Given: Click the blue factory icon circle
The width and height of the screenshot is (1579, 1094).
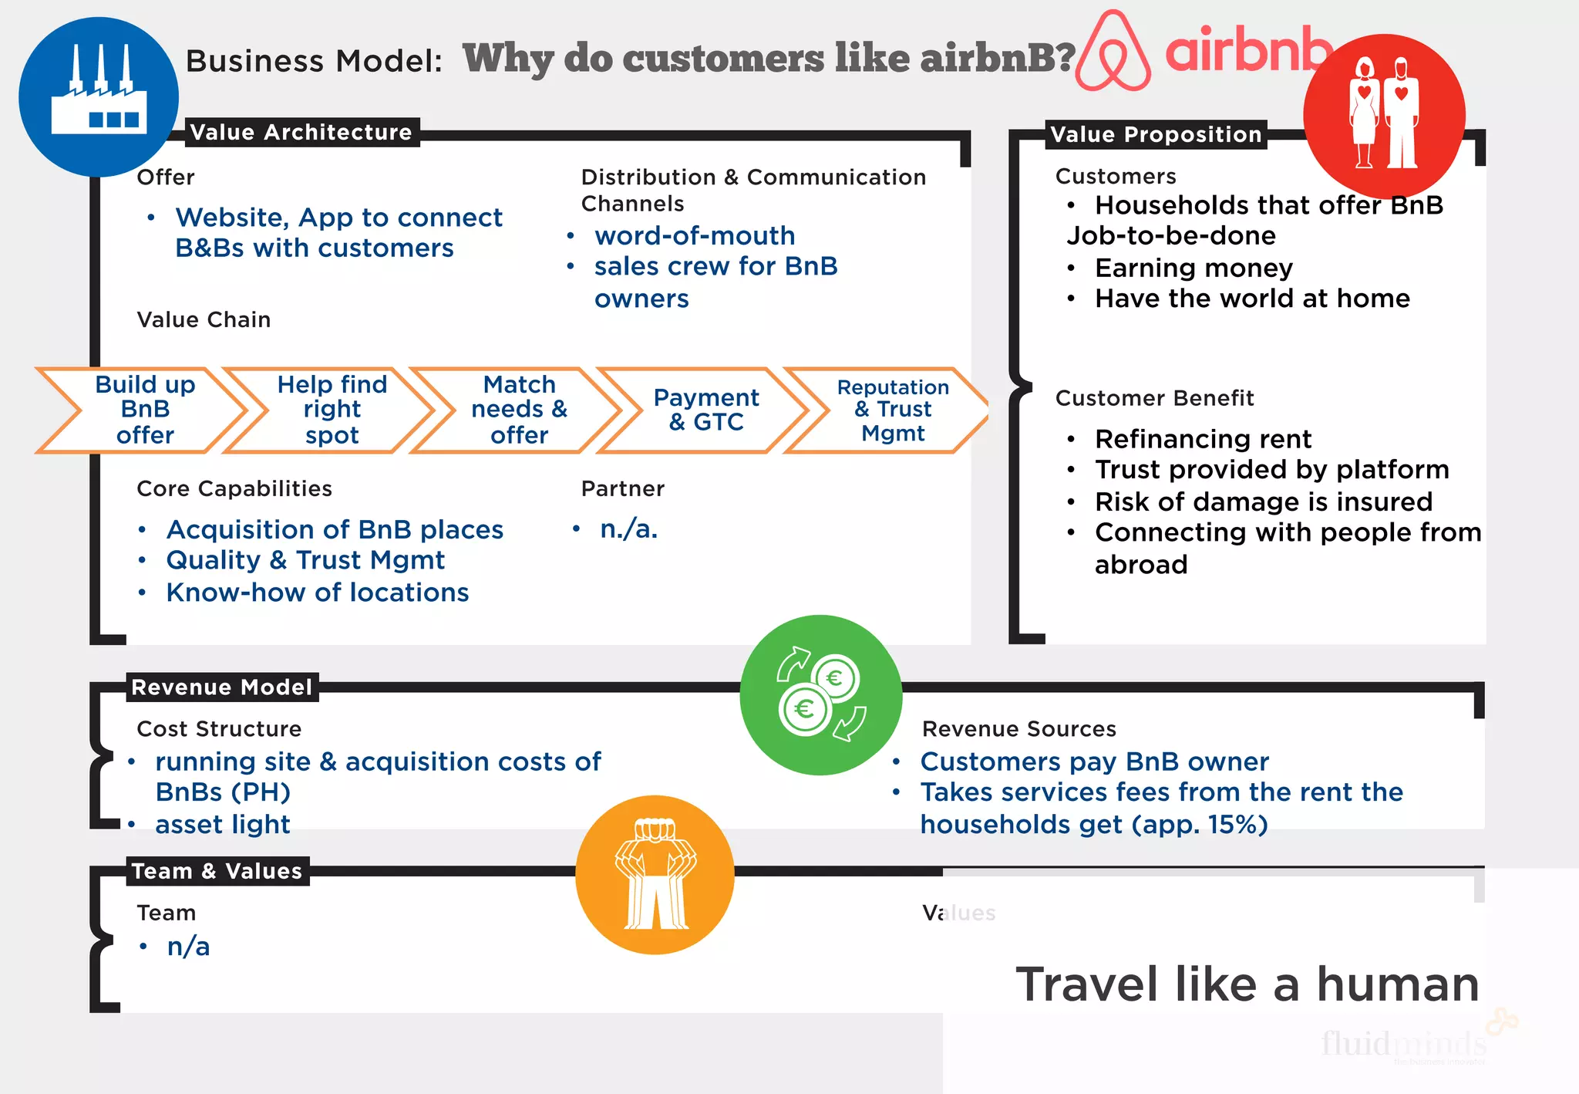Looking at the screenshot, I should coord(99,97).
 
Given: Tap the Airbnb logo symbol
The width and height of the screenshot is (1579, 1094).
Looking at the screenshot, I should coord(1113,52).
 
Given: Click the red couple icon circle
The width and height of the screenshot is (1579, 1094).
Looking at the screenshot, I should coord(1384,116).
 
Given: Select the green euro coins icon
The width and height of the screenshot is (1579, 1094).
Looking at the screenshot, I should coord(820,694).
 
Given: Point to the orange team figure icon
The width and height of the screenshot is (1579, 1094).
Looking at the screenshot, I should coord(655,874).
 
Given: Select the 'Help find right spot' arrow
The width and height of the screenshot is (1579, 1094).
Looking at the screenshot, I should coord(332,410).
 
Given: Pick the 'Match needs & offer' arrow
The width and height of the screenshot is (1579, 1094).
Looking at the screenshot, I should coord(519,410).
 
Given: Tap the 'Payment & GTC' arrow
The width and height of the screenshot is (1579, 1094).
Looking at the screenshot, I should coord(705,410).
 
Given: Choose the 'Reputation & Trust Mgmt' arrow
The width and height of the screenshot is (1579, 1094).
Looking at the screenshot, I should coord(892,410).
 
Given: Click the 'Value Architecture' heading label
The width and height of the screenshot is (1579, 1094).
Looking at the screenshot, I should coord(301,132).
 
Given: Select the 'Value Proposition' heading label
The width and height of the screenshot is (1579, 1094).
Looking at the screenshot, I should coord(1156,134).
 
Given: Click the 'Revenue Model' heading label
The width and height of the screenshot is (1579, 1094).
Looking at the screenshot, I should coord(221,687).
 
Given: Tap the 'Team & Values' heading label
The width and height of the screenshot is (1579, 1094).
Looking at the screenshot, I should coord(217,871).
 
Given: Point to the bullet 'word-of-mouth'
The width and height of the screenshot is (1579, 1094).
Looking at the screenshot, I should coord(694,235).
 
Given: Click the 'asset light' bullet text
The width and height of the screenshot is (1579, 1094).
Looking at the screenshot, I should coord(222,824).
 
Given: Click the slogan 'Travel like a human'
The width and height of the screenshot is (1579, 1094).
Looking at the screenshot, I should coord(1247,984).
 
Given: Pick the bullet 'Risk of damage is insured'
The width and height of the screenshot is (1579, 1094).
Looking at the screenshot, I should coord(1263,501).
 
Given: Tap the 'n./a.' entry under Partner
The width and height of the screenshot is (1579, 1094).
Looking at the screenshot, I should coord(628,529).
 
